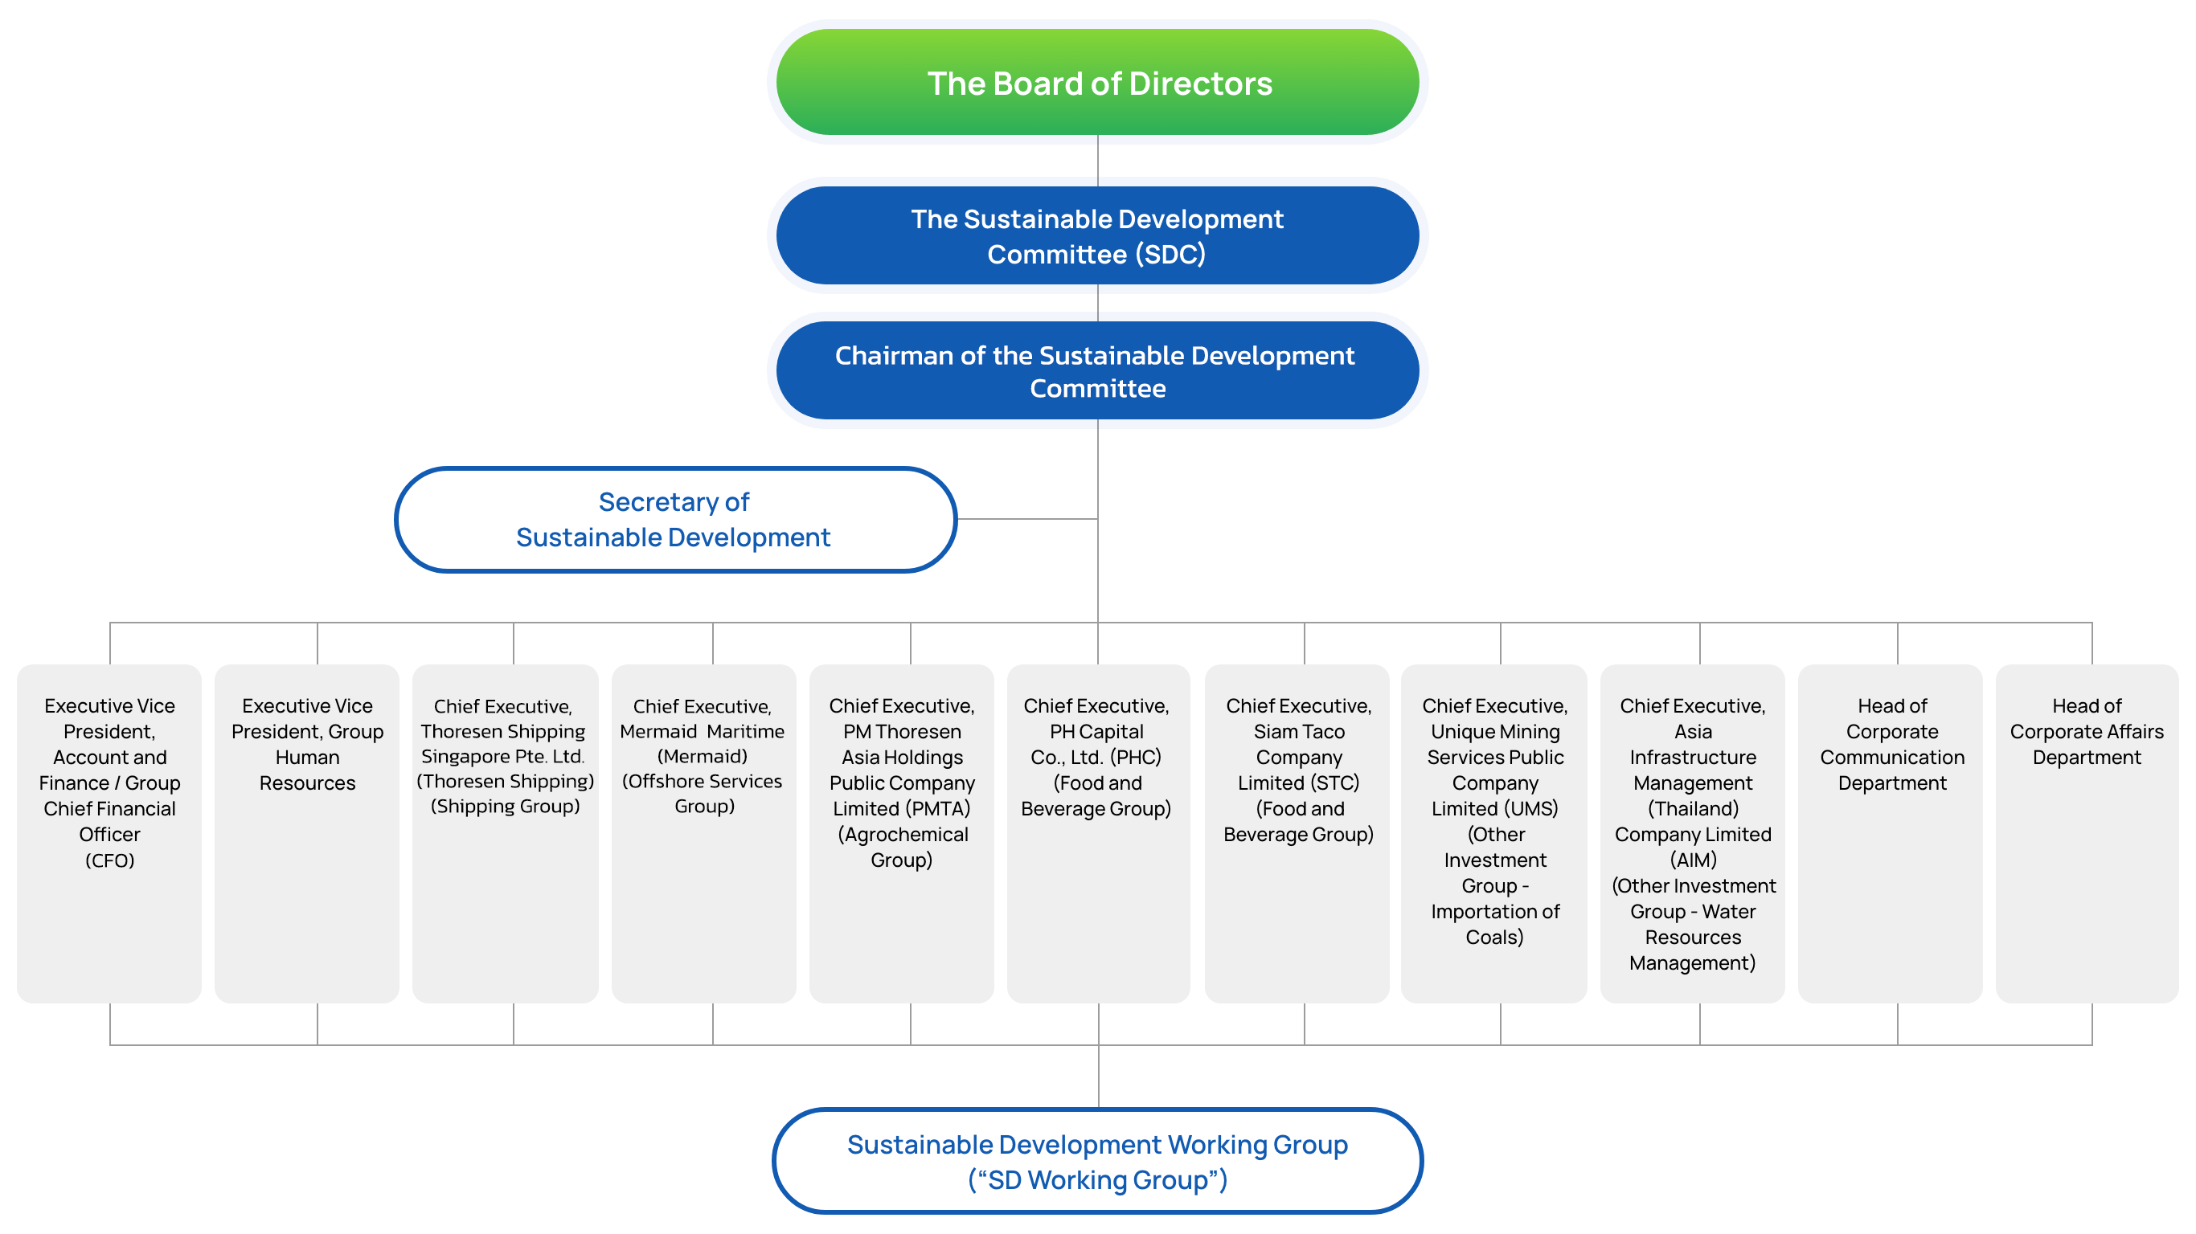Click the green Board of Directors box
click(x=1097, y=83)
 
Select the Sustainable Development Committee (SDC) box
click(x=1097, y=236)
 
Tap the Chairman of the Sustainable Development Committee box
click(x=1097, y=370)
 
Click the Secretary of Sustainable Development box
click(x=674, y=519)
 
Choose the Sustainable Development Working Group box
click(x=1097, y=1161)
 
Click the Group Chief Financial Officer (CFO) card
click(x=109, y=832)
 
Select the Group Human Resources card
click(x=307, y=832)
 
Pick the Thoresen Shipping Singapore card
click(x=505, y=832)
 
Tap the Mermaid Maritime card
click(x=703, y=832)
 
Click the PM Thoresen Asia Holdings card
click(x=901, y=832)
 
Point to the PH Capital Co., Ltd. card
click(x=1097, y=832)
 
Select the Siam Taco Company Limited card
click(x=1297, y=832)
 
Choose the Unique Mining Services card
click(x=1493, y=832)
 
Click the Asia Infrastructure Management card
click(x=1692, y=832)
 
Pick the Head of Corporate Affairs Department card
click(x=2086, y=832)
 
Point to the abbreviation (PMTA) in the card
click(x=938, y=808)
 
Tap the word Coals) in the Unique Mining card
click(x=1493, y=937)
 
